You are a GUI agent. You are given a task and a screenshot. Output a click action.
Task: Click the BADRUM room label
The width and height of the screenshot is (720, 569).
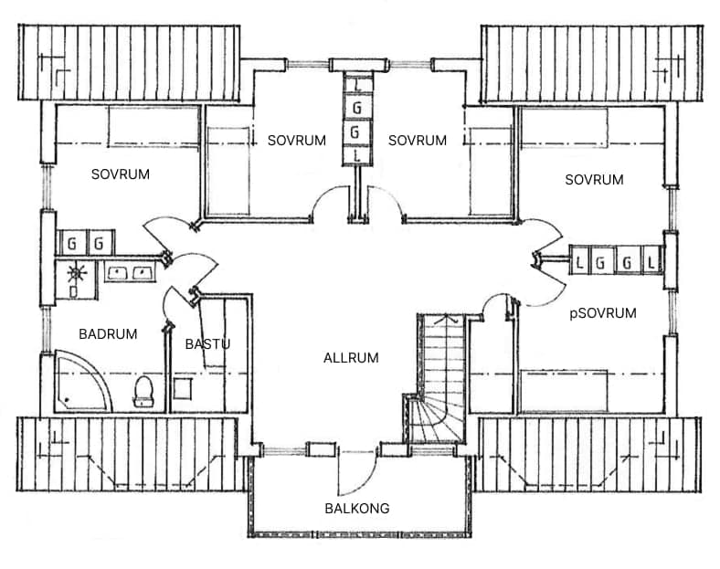click(108, 334)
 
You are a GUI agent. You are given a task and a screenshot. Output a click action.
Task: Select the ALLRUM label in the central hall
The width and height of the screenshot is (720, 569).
click(351, 357)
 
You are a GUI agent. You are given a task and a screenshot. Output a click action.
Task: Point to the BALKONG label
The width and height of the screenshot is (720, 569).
click(357, 509)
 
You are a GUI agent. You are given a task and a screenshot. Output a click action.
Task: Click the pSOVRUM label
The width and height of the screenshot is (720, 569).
click(602, 313)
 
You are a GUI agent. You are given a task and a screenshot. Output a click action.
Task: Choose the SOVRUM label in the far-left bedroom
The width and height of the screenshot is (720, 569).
click(121, 174)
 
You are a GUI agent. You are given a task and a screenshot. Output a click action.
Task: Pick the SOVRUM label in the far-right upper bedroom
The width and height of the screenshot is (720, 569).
click(594, 180)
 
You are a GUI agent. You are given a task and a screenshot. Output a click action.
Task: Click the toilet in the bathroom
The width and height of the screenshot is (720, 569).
click(143, 391)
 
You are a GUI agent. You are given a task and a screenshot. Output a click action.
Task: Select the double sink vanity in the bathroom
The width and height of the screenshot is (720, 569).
click(128, 272)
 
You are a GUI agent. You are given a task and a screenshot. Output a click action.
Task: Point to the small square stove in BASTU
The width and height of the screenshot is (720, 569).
click(182, 390)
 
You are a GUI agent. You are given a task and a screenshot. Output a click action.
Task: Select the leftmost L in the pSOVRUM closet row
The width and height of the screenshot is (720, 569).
click(580, 263)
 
